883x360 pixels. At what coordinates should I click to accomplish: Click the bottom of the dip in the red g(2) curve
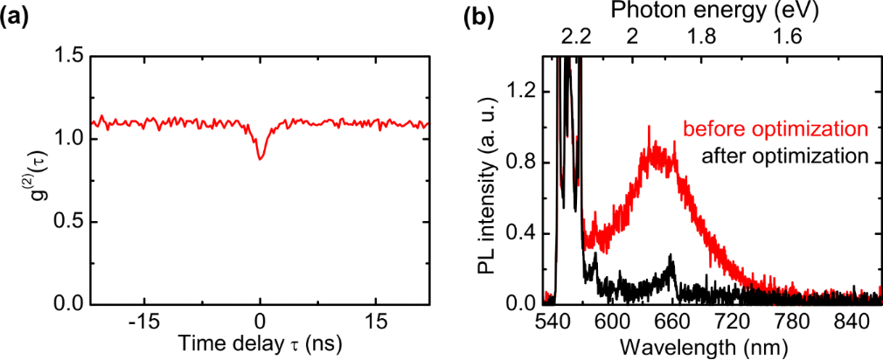coord(261,159)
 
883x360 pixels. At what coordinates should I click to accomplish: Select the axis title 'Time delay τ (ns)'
coord(260,344)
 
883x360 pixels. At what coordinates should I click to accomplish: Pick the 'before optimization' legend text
coord(775,129)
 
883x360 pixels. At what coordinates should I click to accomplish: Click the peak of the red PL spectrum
coord(648,127)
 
